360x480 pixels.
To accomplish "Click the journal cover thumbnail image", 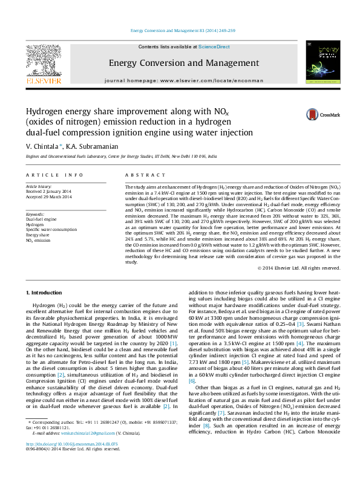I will click(320, 63).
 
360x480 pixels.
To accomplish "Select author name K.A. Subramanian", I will click(93, 147).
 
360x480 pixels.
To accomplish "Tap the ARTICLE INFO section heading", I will click(54, 175).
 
